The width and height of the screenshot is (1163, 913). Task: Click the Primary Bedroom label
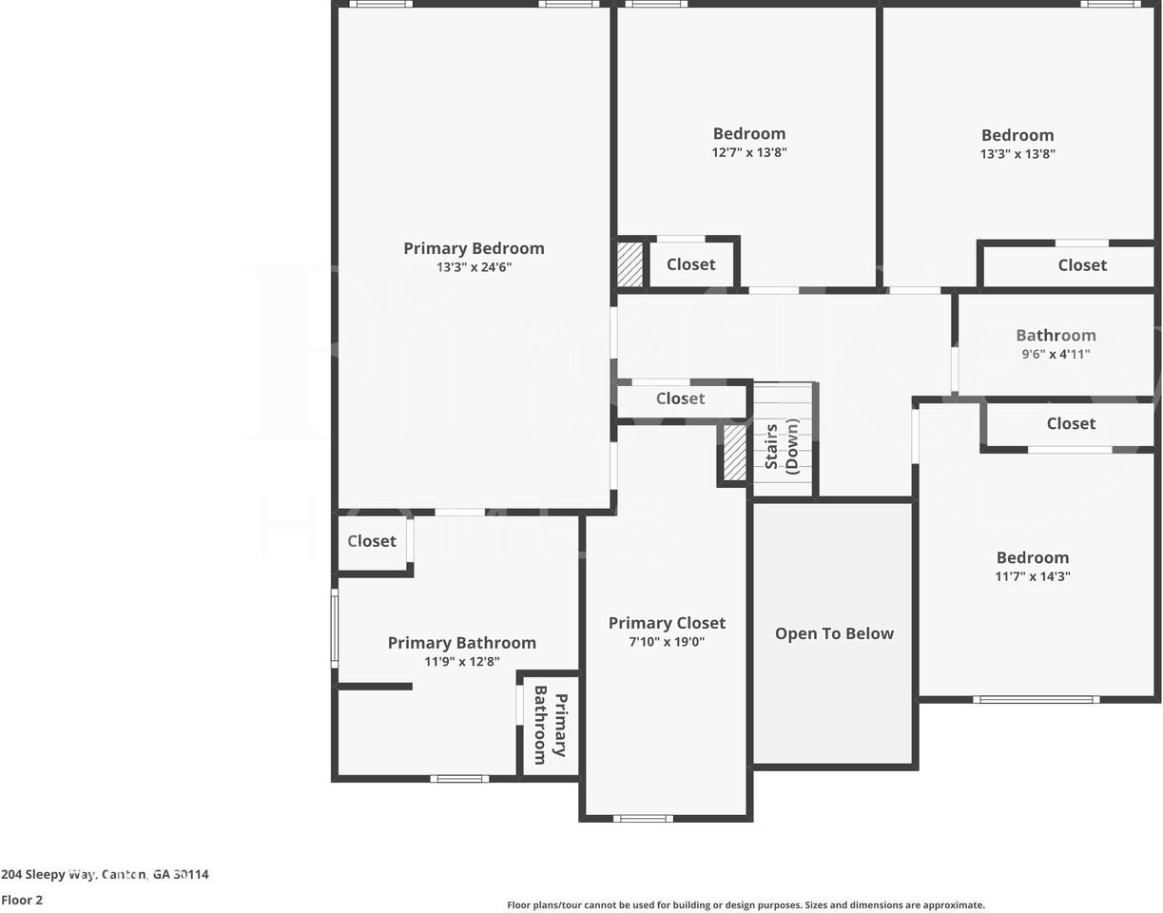point(474,248)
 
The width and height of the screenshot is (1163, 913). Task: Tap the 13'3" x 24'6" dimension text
point(474,267)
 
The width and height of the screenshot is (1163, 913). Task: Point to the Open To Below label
point(834,633)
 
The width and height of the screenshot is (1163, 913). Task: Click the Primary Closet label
point(667,623)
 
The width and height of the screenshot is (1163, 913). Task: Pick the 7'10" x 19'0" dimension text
point(667,642)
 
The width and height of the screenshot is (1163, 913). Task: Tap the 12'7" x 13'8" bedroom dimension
point(749,152)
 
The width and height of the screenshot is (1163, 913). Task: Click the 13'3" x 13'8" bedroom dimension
point(1018,153)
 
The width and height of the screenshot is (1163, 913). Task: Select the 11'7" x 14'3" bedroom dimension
point(1033,576)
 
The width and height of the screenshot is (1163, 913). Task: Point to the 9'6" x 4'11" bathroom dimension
point(1056,354)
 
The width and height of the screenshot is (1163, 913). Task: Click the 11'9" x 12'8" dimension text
point(462,662)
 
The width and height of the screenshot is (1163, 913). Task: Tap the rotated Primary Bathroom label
point(550,725)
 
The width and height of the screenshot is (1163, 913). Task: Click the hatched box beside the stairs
point(735,453)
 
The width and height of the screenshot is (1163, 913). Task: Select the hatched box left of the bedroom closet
point(630,264)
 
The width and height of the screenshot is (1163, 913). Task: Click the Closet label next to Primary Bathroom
point(371,541)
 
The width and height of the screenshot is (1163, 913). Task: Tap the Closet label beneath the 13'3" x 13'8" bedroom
point(1082,265)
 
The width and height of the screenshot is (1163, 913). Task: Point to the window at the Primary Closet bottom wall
point(643,818)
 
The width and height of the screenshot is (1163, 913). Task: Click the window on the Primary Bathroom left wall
point(335,628)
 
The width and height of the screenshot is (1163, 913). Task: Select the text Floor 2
point(22,900)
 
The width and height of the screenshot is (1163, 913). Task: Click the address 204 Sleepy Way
point(105,874)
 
